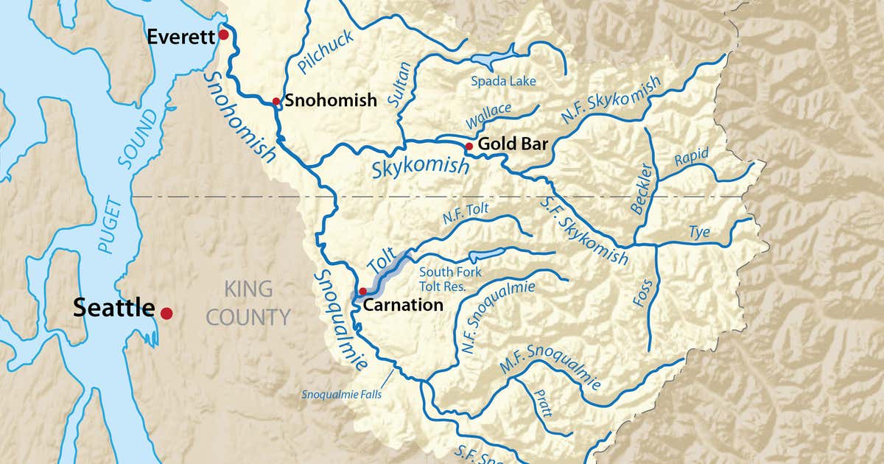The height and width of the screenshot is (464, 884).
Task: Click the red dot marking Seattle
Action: [x=166, y=313]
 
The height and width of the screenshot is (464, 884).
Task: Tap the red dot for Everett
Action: [x=223, y=35]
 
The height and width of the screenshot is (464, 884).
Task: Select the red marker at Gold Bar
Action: [x=469, y=147]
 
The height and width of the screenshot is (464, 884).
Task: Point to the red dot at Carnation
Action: [x=362, y=292]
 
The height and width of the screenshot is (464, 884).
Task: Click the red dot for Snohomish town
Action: [x=276, y=102]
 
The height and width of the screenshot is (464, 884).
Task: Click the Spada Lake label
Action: [x=503, y=81]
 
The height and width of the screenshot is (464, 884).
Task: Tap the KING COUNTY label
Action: [x=248, y=303]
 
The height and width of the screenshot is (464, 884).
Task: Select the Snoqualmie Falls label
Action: [x=341, y=393]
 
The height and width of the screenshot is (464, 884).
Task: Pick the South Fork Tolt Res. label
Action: [x=450, y=279]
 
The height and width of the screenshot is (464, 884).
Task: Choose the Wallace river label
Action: [x=488, y=113]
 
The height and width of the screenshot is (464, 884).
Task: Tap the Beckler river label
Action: [x=642, y=188]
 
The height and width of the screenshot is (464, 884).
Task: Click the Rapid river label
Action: [x=691, y=157]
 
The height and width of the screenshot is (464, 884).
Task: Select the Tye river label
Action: [x=699, y=233]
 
